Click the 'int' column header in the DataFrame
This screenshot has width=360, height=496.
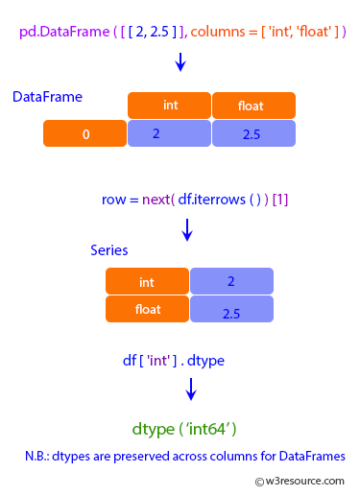[x=169, y=106]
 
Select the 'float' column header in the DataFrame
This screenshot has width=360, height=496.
[x=252, y=106]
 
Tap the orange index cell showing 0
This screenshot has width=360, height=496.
[x=84, y=134]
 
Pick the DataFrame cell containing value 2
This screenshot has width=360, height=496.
[x=169, y=134]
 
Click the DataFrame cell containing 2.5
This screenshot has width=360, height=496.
[x=252, y=134]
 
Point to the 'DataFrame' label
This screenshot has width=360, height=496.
[x=47, y=97]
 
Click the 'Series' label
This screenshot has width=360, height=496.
[x=109, y=249]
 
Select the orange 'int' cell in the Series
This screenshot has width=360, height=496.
[x=147, y=281]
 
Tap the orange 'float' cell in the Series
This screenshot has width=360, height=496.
[x=147, y=309]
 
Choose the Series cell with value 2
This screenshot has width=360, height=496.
[x=231, y=281]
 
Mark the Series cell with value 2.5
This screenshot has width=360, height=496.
[x=231, y=310]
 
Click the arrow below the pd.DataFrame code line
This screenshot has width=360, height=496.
[x=180, y=62]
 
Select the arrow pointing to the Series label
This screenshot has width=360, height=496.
[x=187, y=228]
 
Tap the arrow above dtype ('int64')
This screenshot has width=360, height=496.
[x=191, y=389]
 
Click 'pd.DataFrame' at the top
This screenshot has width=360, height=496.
[x=57, y=33]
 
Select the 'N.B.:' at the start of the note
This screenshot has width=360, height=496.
[x=41, y=456]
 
